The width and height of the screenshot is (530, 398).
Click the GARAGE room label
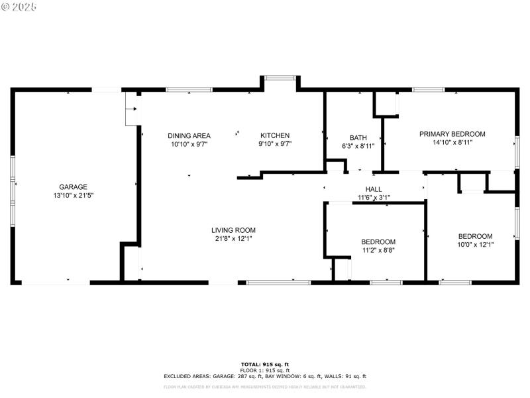click(73, 187)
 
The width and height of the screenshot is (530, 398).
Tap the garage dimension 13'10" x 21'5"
click(73, 196)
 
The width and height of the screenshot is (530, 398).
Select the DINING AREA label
click(189, 135)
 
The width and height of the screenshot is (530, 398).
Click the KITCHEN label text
click(274, 135)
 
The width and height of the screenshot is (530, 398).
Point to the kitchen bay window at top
click(279, 78)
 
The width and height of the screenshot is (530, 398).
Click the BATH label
click(358, 138)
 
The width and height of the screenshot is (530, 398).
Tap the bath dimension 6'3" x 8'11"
click(358, 146)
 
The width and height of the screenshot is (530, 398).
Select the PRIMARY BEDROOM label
click(452, 134)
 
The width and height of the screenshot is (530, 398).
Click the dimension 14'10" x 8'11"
click(452, 142)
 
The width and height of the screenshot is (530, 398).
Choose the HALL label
click(374, 190)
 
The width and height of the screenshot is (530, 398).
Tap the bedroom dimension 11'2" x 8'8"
click(378, 251)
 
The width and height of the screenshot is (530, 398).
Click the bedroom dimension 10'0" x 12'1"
click(475, 245)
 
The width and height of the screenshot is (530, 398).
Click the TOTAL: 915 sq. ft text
click(264, 364)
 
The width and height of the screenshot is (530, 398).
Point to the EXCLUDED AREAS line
click(264, 376)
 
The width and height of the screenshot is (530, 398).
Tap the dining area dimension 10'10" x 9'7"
click(189, 143)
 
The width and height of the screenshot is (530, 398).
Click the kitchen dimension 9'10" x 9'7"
click(274, 143)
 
